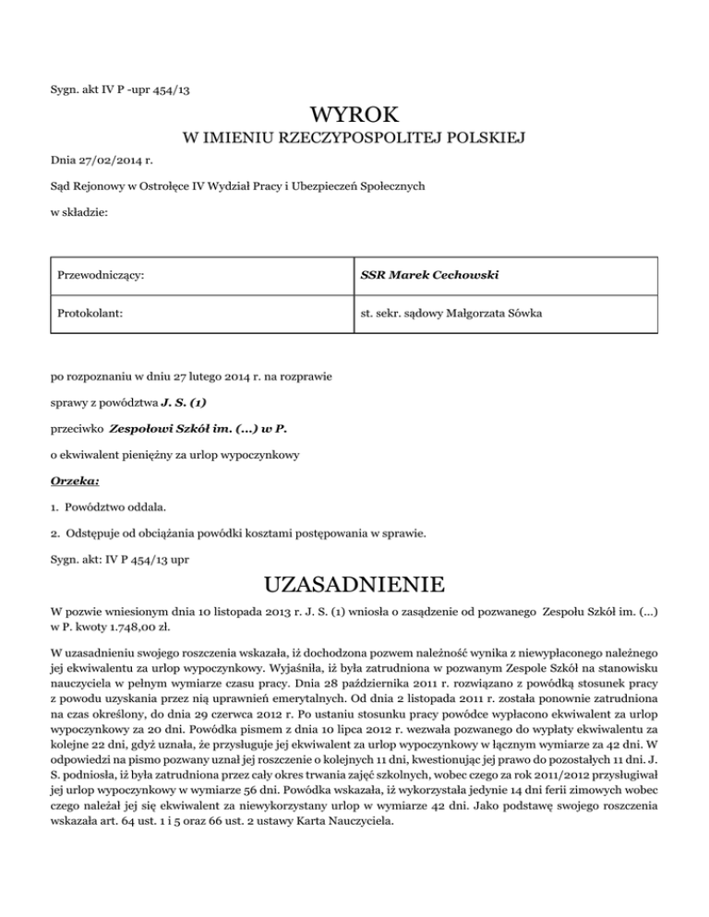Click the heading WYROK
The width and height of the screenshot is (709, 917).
tap(354, 116)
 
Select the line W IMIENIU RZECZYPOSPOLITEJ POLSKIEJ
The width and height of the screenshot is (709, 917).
tap(354, 139)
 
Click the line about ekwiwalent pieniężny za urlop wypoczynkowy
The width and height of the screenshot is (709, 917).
tap(174, 455)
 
